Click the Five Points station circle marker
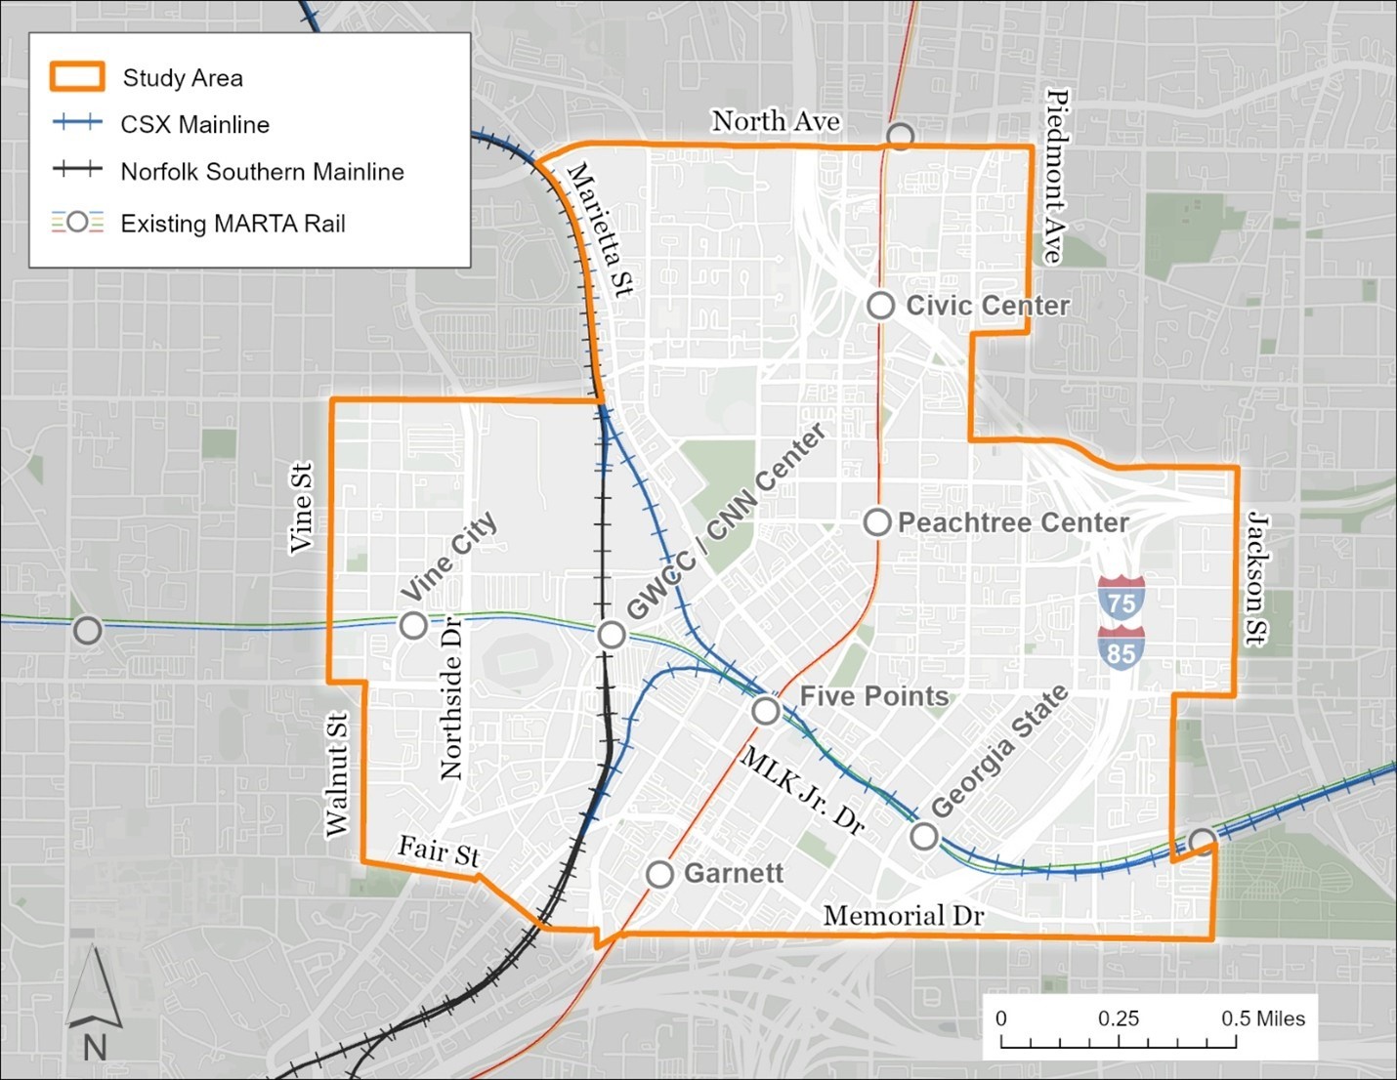(766, 710)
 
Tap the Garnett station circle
(660, 874)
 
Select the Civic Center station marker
(881, 305)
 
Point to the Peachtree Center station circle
(877, 522)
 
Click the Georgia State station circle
(924, 836)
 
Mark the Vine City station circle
(413, 625)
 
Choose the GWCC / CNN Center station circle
(612, 635)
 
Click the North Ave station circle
(900, 136)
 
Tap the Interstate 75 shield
(1122, 600)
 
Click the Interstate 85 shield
(1122, 649)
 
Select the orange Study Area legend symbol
(77, 77)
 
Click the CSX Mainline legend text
(194, 124)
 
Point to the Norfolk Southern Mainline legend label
(262, 172)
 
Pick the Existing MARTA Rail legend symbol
(77, 223)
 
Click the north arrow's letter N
(95, 1047)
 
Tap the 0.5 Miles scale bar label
(1262, 1018)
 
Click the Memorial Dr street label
(904, 915)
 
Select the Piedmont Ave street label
(1056, 177)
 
